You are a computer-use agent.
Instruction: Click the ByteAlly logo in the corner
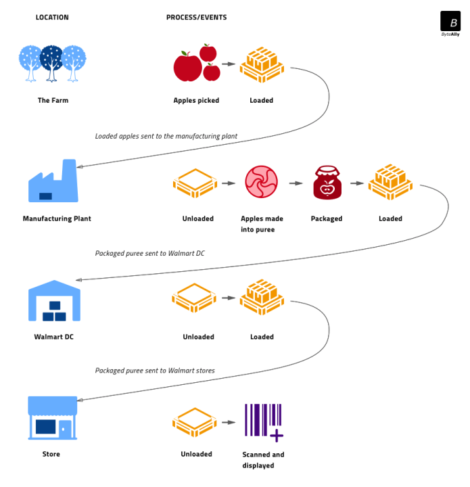point(450,22)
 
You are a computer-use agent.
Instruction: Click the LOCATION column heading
point(52,18)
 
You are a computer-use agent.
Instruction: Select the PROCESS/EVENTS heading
point(197,18)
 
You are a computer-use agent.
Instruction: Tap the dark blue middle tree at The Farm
point(52,62)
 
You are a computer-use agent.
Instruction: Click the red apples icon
point(196,64)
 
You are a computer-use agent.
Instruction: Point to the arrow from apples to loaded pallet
point(229,65)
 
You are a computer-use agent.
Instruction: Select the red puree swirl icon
point(261,183)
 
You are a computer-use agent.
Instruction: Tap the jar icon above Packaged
point(327,183)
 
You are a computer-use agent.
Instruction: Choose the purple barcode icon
point(263,421)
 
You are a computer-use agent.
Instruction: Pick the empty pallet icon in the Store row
point(195,423)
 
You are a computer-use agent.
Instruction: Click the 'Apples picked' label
point(196,101)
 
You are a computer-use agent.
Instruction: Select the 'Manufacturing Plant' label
point(57,218)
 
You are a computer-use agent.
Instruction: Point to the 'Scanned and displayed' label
point(263,460)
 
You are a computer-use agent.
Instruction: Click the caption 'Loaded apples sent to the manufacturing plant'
point(166,136)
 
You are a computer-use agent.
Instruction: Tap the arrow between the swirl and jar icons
point(295,183)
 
